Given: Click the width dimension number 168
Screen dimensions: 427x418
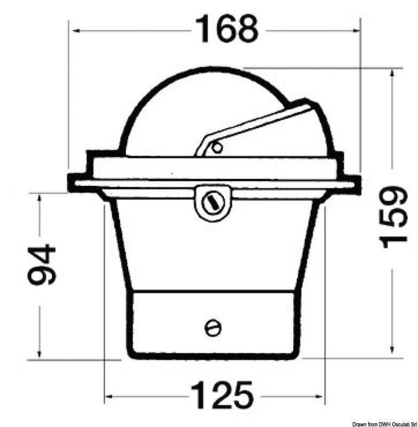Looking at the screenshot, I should pyautogui.click(x=227, y=29).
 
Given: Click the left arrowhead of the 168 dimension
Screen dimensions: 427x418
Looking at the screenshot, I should pyautogui.click(x=75, y=31).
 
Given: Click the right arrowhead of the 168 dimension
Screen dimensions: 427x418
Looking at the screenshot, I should pyautogui.click(x=354, y=31).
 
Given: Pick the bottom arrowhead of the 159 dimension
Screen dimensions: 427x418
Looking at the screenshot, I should pyautogui.click(x=393, y=351).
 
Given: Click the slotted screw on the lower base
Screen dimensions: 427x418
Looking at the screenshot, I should pyautogui.click(x=212, y=328).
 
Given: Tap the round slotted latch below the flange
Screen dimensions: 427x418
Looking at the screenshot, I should pyautogui.click(x=212, y=202).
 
